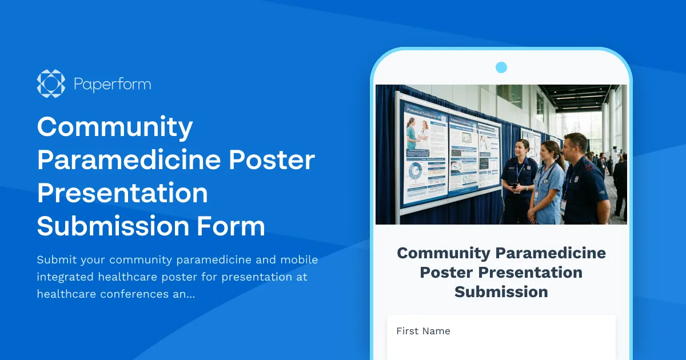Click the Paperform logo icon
(x=51, y=83)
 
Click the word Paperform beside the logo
(x=112, y=85)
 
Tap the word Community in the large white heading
(x=114, y=127)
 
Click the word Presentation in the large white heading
(x=122, y=193)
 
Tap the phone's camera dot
(x=501, y=67)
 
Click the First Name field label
(x=423, y=331)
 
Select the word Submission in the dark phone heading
(x=501, y=291)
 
